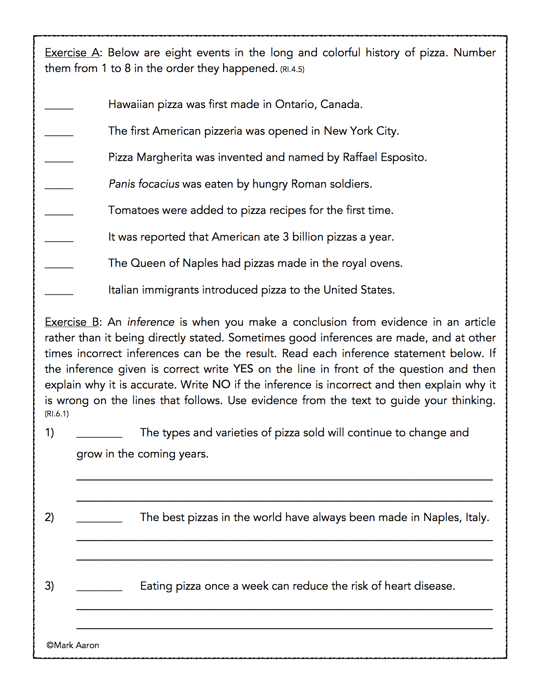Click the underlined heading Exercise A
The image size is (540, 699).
[x=72, y=53]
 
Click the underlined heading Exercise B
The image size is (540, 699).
[x=72, y=322]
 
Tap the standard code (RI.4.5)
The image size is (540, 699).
[x=292, y=69]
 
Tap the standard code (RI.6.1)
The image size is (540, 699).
[x=57, y=414]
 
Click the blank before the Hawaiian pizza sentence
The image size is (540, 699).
[x=59, y=106]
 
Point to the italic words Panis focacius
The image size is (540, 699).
[x=144, y=184]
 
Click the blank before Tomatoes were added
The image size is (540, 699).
[x=59, y=212]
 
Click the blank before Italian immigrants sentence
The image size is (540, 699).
[x=59, y=291]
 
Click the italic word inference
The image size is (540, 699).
[x=151, y=322]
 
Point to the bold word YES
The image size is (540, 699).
[x=243, y=369]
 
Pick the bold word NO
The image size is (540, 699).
[x=221, y=385]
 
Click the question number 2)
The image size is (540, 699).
[x=50, y=517]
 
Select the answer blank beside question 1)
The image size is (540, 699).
[x=99, y=435]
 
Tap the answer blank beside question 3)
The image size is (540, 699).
[x=99, y=588]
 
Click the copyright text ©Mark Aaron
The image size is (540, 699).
[x=73, y=645]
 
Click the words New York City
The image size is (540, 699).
[x=361, y=131]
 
